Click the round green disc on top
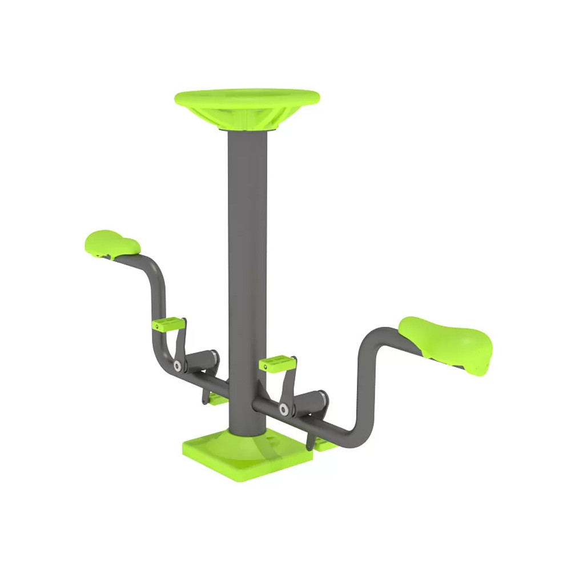[247, 97]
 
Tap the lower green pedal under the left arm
[218, 399]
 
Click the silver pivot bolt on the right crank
[284, 409]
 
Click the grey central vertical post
[247, 257]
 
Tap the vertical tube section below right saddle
[363, 388]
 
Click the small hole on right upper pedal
[264, 367]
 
